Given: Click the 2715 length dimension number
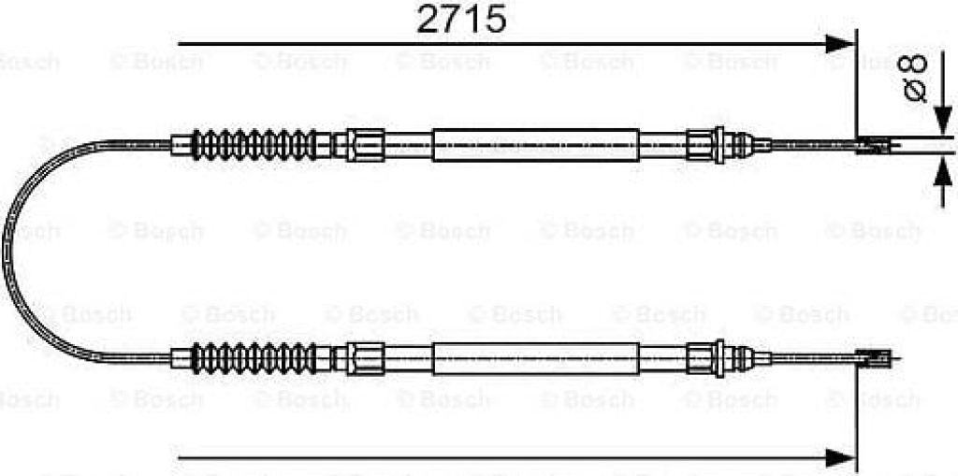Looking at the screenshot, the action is (461, 21).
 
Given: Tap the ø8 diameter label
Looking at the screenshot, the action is (915, 79).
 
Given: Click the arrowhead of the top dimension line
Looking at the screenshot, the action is (840, 44).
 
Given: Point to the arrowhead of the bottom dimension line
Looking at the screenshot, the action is (840, 455).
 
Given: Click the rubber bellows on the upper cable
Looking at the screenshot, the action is (254, 145).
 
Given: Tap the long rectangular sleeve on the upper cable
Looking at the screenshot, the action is (536, 145).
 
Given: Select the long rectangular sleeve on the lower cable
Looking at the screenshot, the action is (536, 359).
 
